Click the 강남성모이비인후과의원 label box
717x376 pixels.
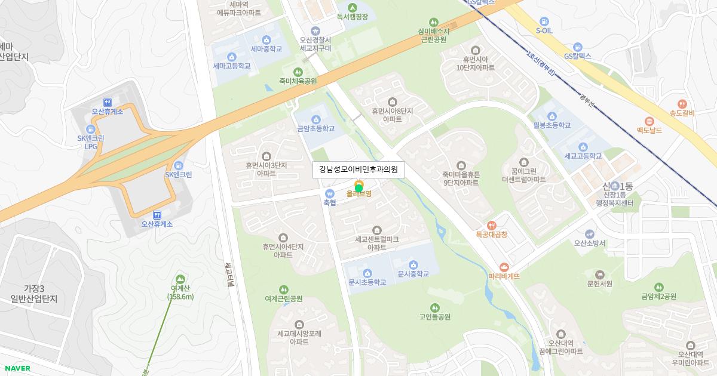coord(358,169)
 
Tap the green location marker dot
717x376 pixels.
coord(358,189)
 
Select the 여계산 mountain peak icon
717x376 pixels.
coord(180,279)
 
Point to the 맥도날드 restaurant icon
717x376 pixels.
coord(649,121)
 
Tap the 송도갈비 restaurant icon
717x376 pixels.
coord(682,103)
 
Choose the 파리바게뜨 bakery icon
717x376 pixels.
coord(504,266)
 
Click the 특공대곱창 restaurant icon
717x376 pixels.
coord(491,226)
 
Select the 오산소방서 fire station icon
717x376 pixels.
coord(590,233)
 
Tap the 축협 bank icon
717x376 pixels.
coord(329,193)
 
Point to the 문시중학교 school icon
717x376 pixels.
coord(413,264)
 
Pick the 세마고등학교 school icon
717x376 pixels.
coord(232,57)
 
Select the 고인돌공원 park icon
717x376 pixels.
coord(434,307)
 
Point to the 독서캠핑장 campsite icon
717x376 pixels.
coord(352,7)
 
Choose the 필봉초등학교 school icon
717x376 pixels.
coord(552,116)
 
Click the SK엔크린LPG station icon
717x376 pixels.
coord(91,129)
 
